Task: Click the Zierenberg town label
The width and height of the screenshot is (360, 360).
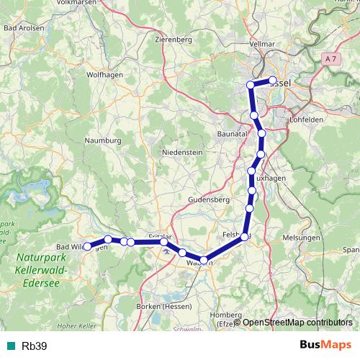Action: point(173,40)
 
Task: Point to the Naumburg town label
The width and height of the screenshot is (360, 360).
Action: point(102,140)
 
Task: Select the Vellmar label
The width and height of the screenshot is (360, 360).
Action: point(261,44)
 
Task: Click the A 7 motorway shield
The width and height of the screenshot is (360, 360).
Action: point(330,58)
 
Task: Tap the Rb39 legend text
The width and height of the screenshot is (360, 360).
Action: point(35,346)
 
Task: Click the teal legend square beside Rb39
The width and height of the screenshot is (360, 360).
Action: point(10,346)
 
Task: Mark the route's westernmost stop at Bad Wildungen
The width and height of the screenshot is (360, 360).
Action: point(87,246)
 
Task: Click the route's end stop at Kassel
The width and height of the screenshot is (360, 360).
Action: point(273,81)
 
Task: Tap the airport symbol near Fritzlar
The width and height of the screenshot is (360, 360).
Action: point(167,251)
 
